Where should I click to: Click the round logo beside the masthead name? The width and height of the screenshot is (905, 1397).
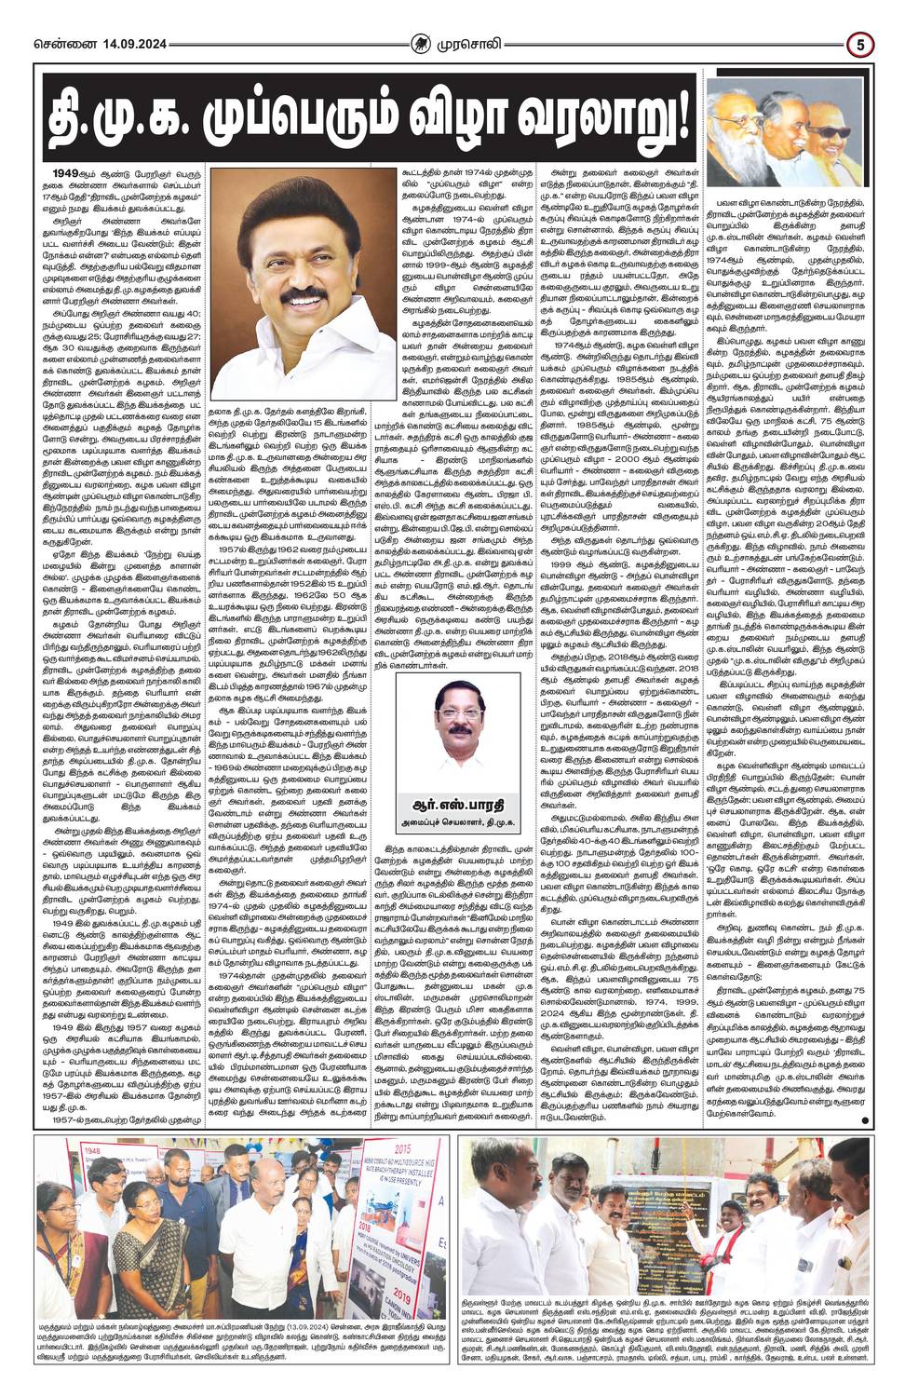pyautogui.click(x=424, y=43)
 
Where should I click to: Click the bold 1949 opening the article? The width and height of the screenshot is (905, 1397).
pyautogui.click(x=65, y=174)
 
